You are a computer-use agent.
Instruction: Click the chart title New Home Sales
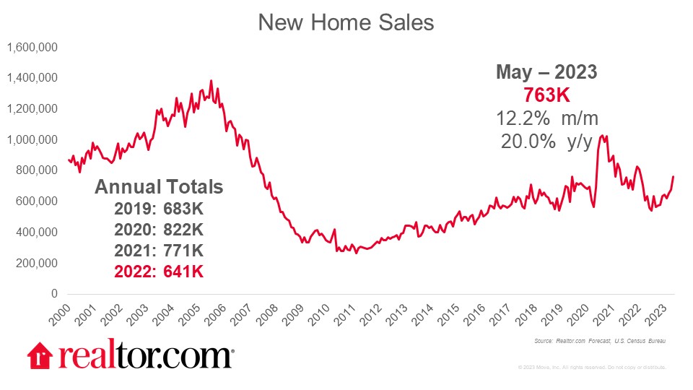point(346,22)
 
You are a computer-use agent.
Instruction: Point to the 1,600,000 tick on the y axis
point(32,47)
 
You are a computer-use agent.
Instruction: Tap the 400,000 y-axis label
point(35,233)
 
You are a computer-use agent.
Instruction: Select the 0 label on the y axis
point(53,294)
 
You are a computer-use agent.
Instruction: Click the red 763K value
point(546,95)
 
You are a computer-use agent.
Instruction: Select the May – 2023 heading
point(546,72)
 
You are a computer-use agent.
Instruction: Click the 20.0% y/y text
point(547,142)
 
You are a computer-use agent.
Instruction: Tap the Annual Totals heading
point(159,187)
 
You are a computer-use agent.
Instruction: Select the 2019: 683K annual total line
point(159,210)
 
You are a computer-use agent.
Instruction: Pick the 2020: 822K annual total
point(159,231)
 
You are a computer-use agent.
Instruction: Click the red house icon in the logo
point(40,355)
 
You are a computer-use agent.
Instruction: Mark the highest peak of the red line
point(211,81)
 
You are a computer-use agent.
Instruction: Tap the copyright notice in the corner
point(592,368)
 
